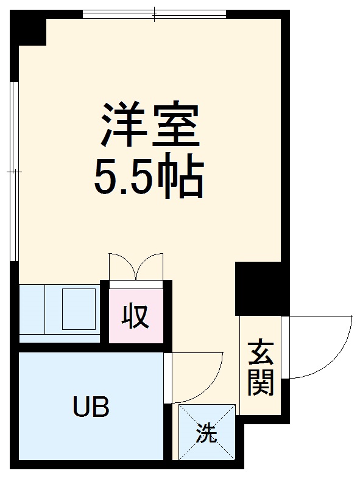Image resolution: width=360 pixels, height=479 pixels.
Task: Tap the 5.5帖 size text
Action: [x=148, y=176]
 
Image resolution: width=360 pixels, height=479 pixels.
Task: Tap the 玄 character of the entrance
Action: [x=261, y=354]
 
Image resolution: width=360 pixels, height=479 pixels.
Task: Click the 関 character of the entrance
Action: [x=261, y=382]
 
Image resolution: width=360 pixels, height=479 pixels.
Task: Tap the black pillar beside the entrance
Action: [x=258, y=288]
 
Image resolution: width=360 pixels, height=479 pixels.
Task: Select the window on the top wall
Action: [x=155, y=13]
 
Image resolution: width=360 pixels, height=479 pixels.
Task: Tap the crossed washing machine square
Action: [x=206, y=431]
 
